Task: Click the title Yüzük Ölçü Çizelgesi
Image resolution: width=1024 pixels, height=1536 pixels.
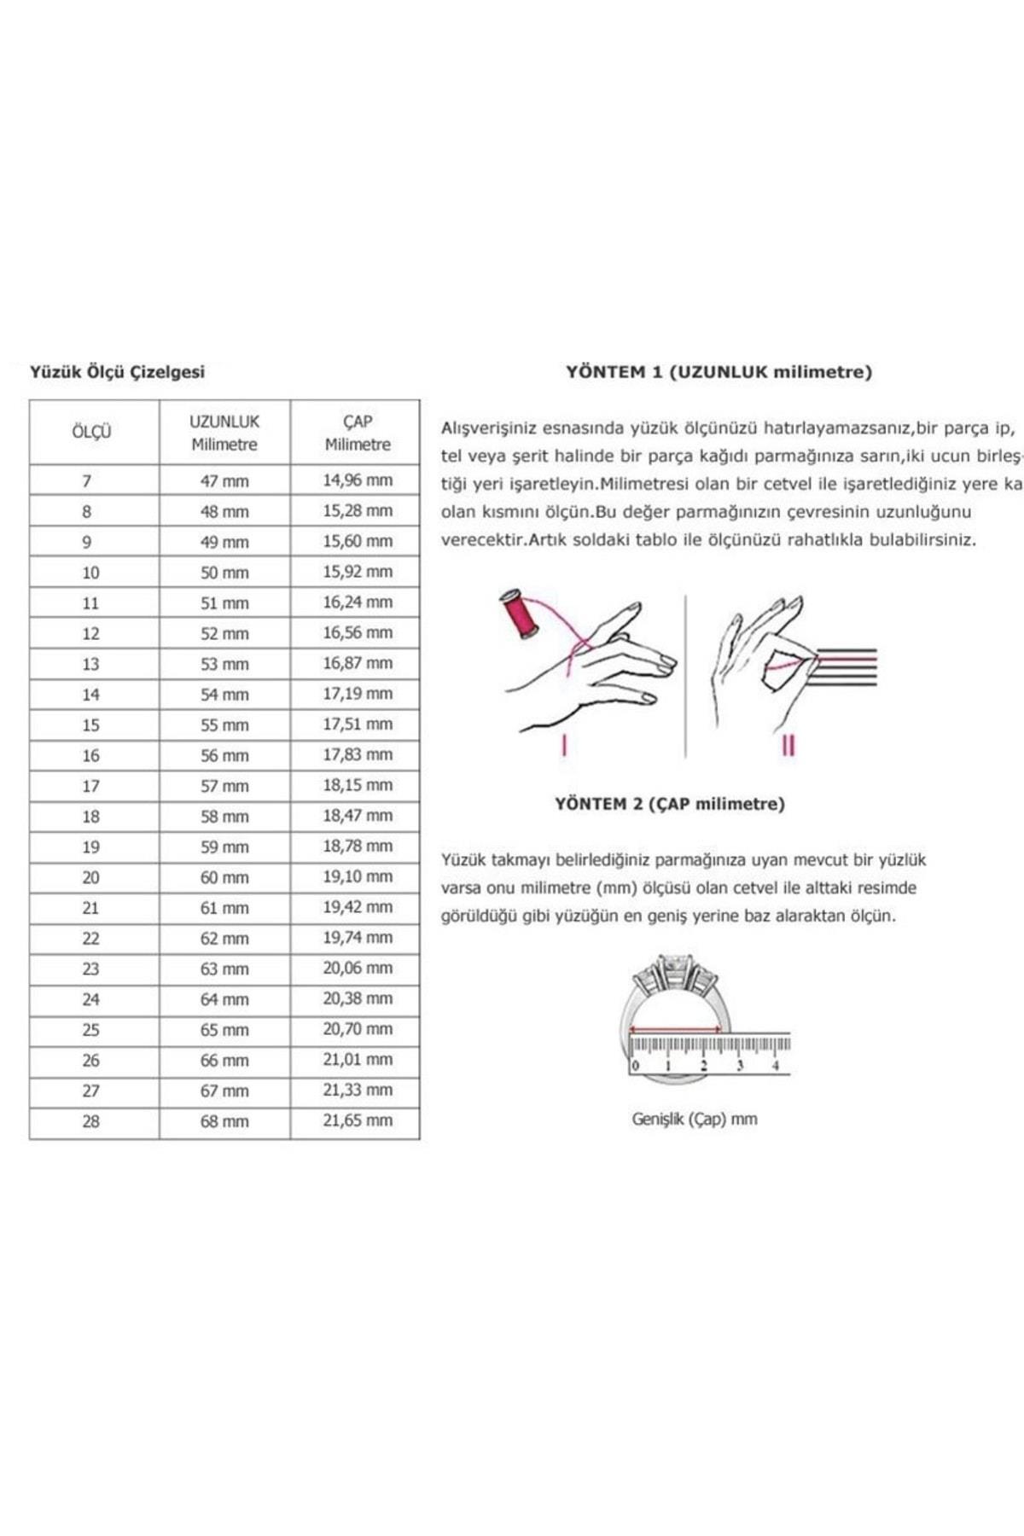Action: click(118, 372)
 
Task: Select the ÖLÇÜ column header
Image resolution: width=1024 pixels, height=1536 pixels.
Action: click(91, 432)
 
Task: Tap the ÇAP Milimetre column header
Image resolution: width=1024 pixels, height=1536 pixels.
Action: click(358, 433)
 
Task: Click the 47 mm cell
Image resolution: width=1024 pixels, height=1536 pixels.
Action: click(224, 481)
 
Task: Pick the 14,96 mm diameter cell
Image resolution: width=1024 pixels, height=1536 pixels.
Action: click(358, 480)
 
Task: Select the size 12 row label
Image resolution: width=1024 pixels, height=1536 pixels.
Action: click(90, 634)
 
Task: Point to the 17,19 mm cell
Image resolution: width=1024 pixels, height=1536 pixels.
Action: click(358, 694)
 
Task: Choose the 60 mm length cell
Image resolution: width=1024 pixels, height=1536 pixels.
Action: click(224, 878)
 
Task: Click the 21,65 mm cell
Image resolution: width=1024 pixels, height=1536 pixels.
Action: click(358, 1121)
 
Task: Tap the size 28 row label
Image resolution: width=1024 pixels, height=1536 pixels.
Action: click(90, 1122)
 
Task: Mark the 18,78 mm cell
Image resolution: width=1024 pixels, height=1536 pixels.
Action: click(358, 847)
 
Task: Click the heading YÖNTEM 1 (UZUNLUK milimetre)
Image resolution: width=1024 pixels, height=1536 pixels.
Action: click(719, 372)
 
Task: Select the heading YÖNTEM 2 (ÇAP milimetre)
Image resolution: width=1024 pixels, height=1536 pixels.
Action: click(670, 804)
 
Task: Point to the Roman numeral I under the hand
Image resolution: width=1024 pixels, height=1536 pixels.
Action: click(564, 746)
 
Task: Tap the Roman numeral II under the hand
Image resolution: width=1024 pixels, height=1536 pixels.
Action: click(788, 746)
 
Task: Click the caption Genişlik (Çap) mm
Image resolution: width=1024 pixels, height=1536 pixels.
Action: click(695, 1119)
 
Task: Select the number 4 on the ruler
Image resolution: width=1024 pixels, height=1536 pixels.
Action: click(775, 1066)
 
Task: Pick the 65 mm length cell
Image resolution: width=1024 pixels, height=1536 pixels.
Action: click(224, 1030)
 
